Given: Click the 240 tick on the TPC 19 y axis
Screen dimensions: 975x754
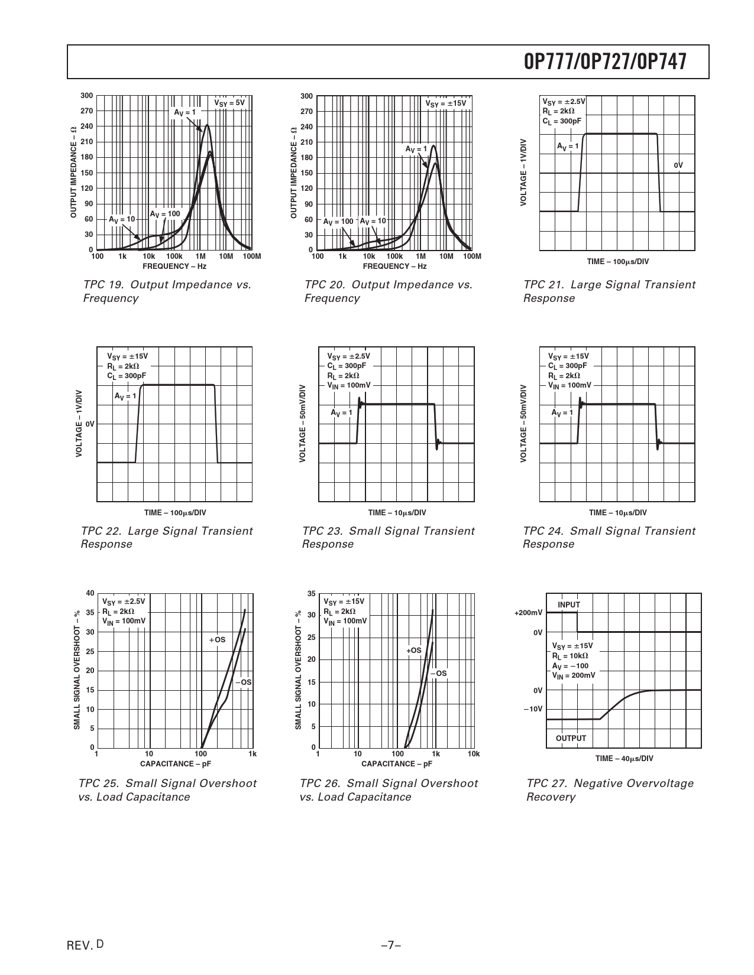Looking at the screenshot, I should click(x=86, y=126).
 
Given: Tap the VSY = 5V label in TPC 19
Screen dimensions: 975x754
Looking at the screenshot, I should click(x=229, y=103).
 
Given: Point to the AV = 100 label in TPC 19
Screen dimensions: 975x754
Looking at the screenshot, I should click(x=164, y=213).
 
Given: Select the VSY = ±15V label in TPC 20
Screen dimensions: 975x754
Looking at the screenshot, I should click(x=446, y=103).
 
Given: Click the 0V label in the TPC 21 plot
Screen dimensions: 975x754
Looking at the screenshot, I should click(x=678, y=165).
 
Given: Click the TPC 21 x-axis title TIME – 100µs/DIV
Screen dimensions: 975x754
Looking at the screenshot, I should click(x=617, y=261).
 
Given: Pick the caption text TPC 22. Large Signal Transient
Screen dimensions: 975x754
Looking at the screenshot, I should click(x=167, y=531).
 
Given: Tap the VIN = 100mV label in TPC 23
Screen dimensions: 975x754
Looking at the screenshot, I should click(x=349, y=385).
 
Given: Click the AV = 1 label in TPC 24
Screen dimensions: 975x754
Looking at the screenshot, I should click(x=562, y=412).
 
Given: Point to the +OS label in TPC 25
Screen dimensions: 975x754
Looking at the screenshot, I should click(x=217, y=639).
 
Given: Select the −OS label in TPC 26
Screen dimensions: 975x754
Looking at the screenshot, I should click(x=438, y=673).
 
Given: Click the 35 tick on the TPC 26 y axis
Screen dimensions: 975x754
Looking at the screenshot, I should click(x=312, y=593).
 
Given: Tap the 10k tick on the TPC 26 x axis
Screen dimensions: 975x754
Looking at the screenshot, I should click(x=473, y=754).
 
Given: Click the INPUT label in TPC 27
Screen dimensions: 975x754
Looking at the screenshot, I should click(x=569, y=604).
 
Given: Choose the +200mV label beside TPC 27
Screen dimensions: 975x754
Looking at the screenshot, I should click(x=528, y=613).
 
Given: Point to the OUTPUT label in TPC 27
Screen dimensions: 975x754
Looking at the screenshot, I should click(x=571, y=738).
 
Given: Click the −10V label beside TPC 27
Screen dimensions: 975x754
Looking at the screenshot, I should click(x=532, y=708).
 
